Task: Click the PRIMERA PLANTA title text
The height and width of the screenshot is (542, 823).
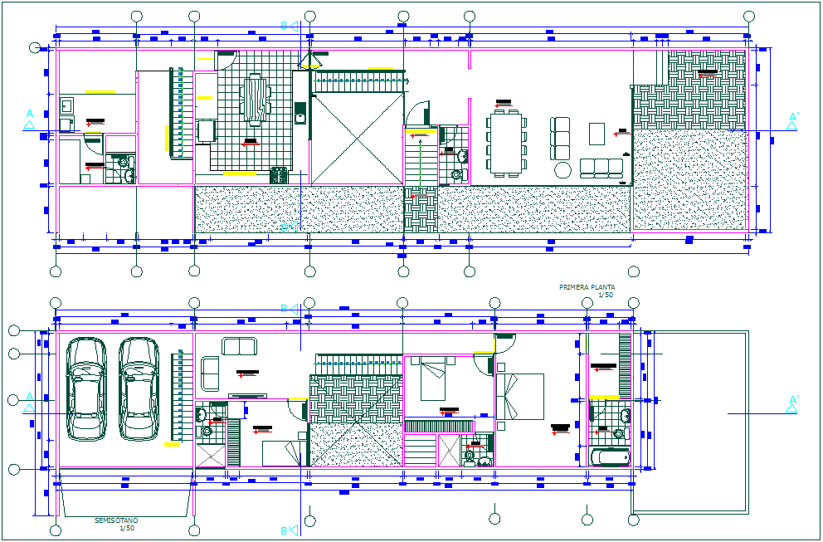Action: (587, 286)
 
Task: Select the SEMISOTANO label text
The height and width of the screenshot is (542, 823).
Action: (115, 520)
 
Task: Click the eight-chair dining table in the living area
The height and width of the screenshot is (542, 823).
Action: (505, 143)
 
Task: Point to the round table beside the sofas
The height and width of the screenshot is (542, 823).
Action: (563, 170)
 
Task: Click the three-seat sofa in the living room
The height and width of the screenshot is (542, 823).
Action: (601, 168)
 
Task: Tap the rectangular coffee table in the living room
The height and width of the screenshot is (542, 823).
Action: (597, 133)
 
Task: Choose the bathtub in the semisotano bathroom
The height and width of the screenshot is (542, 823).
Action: (610, 457)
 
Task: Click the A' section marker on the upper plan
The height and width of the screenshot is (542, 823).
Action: (792, 121)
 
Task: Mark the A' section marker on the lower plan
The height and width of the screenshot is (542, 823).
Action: (792, 403)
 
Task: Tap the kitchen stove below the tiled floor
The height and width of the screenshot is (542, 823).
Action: (279, 174)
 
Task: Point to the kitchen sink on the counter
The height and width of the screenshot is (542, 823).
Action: (300, 114)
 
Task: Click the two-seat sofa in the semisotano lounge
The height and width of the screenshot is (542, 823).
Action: (239, 346)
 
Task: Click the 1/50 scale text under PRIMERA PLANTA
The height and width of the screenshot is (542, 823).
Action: (606, 295)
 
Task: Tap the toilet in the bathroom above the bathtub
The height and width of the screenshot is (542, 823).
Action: (617, 432)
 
